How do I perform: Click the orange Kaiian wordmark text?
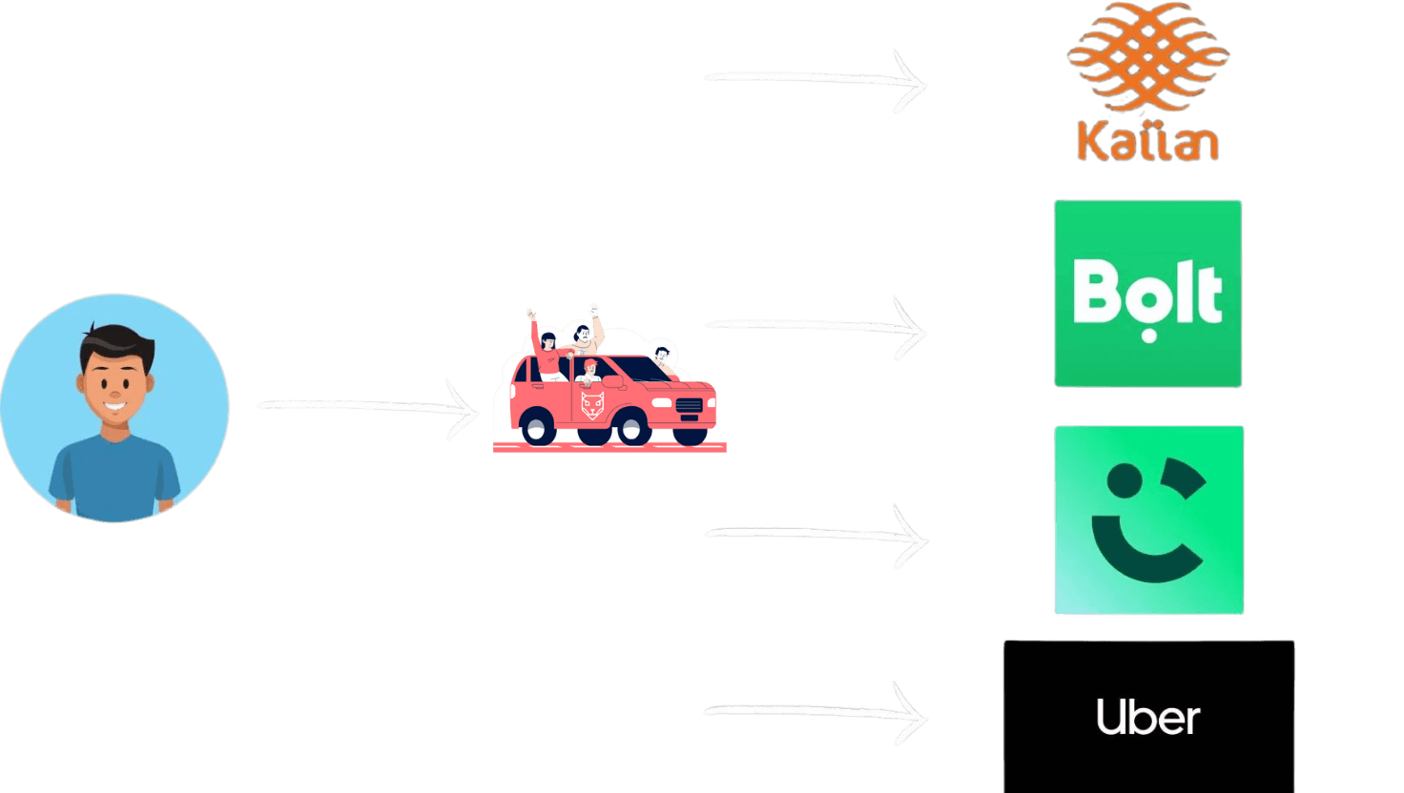(x=1147, y=140)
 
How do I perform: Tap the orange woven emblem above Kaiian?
(x=1147, y=57)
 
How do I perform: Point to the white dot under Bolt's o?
(x=1148, y=335)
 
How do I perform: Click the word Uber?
(x=1147, y=717)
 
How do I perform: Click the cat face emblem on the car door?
(x=593, y=405)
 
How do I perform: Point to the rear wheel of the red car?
(x=539, y=426)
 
